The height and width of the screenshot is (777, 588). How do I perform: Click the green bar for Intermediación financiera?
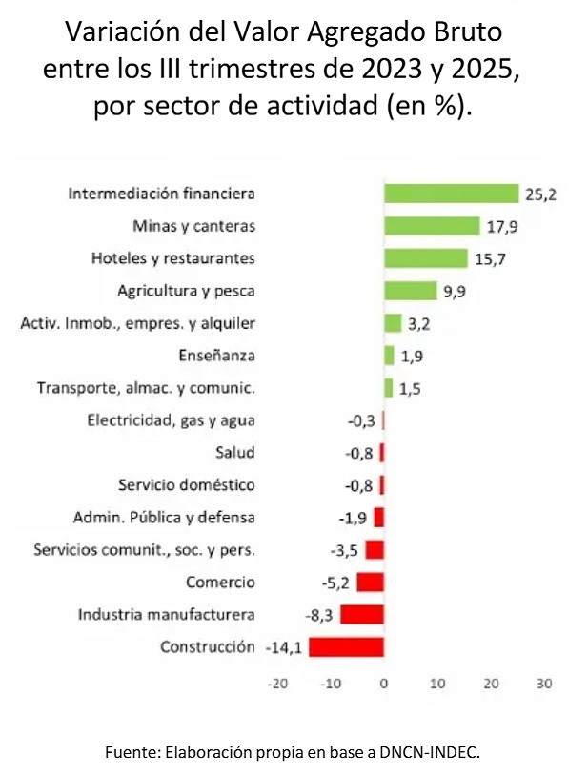[x=451, y=194]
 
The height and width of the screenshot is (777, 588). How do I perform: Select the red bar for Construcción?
[x=346, y=646]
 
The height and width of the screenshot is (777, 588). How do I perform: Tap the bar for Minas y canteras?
[x=432, y=226]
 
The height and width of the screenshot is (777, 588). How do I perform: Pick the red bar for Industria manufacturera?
[x=362, y=614]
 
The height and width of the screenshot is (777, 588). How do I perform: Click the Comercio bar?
[x=370, y=582]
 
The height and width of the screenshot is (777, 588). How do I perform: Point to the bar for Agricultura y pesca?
[x=410, y=291]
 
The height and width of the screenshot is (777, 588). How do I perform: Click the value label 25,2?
[x=540, y=194]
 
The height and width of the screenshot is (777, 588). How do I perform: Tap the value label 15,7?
[x=490, y=259]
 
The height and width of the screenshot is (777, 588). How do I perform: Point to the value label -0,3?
[x=360, y=420]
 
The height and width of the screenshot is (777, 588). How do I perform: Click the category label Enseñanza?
[x=216, y=356]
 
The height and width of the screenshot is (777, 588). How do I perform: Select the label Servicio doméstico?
[x=187, y=484]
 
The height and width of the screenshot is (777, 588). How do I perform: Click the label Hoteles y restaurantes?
[x=172, y=258]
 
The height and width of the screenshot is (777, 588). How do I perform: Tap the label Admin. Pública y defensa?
[x=164, y=517]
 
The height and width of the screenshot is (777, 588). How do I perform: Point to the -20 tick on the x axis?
[x=277, y=684]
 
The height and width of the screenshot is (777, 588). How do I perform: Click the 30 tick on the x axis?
[x=544, y=684]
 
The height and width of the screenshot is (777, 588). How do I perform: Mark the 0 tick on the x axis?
[x=384, y=684]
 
